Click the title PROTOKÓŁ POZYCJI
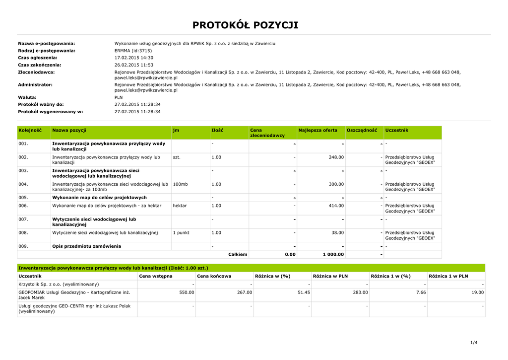click(246, 25)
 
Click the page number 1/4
click(473, 343)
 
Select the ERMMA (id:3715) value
click(133, 51)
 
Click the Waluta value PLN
click(119, 97)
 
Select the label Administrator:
click(35, 84)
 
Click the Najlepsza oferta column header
click(317, 130)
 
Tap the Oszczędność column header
click(362, 130)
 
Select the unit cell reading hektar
click(180, 206)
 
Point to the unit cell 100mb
click(180, 184)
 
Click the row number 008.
click(23, 232)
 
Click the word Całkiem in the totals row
click(238, 254)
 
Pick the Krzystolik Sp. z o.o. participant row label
click(59, 284)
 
